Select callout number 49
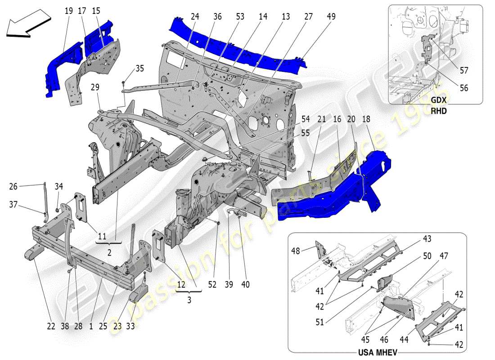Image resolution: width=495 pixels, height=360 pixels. coord(331,17)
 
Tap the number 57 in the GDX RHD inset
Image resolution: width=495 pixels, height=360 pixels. coord(463,70)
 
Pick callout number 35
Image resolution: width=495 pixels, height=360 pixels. coord(139,69)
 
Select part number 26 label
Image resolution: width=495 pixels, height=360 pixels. coord(13,186)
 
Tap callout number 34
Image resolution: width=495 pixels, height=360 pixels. coord(59,186)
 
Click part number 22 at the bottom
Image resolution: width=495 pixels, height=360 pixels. coord(51,326)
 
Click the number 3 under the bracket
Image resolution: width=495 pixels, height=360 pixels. coord(189,300)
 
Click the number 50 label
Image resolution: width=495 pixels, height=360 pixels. coord(427,256)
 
